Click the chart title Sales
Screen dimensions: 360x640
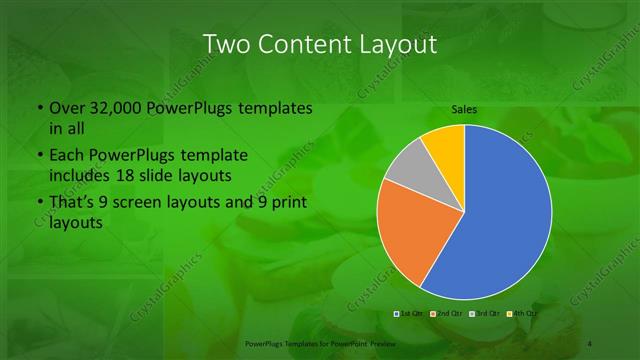(x=463, y=108)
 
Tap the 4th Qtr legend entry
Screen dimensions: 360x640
(x=522, y=313)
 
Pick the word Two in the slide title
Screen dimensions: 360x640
(x=226, y=44)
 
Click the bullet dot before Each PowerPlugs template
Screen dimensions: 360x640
(x=39, y=157)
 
